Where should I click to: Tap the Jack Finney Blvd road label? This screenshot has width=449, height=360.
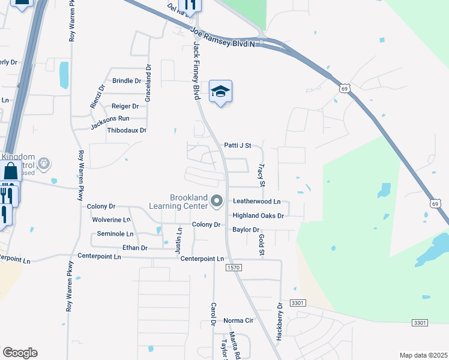point(196,71)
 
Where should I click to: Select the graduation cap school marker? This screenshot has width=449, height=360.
point(220,92)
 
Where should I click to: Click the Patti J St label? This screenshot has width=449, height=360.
point(237,145)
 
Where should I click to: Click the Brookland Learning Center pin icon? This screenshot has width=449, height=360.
point(217,202)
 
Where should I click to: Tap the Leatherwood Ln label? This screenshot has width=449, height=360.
point(257,202)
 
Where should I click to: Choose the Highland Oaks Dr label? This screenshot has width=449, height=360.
point(258,215)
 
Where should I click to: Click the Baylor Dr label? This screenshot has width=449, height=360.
point(246,230)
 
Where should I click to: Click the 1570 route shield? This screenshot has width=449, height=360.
point(234,267)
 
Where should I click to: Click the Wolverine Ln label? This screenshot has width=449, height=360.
point(111,220)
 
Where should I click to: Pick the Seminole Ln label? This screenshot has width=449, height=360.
point(115,233)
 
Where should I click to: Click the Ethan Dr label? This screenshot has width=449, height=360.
point(134,248)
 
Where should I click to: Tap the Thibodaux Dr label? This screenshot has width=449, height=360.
point(127,130)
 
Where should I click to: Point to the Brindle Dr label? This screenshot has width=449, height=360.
point(127,80)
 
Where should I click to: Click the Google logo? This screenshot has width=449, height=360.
point(20,353)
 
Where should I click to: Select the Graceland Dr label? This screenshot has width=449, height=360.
point(148,77)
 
